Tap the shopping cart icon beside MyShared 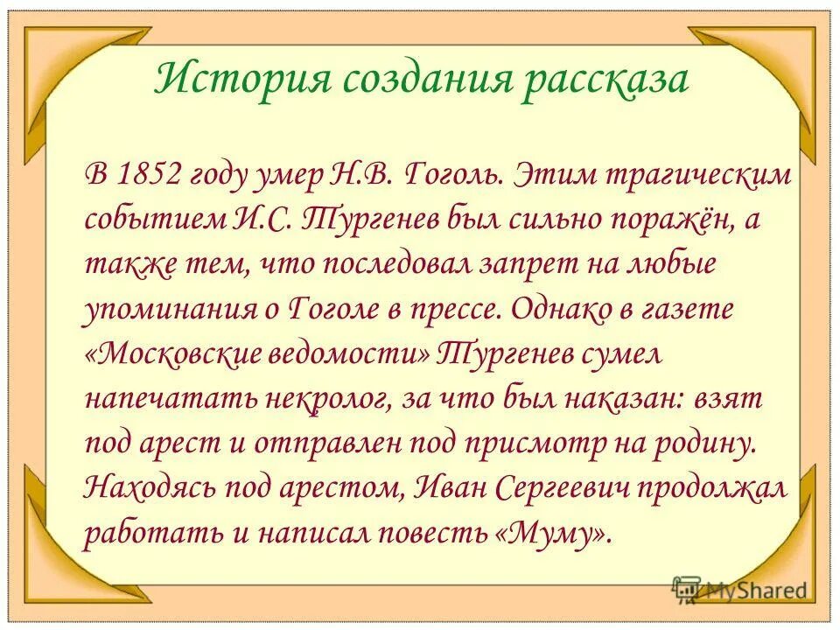coord(686,590)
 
